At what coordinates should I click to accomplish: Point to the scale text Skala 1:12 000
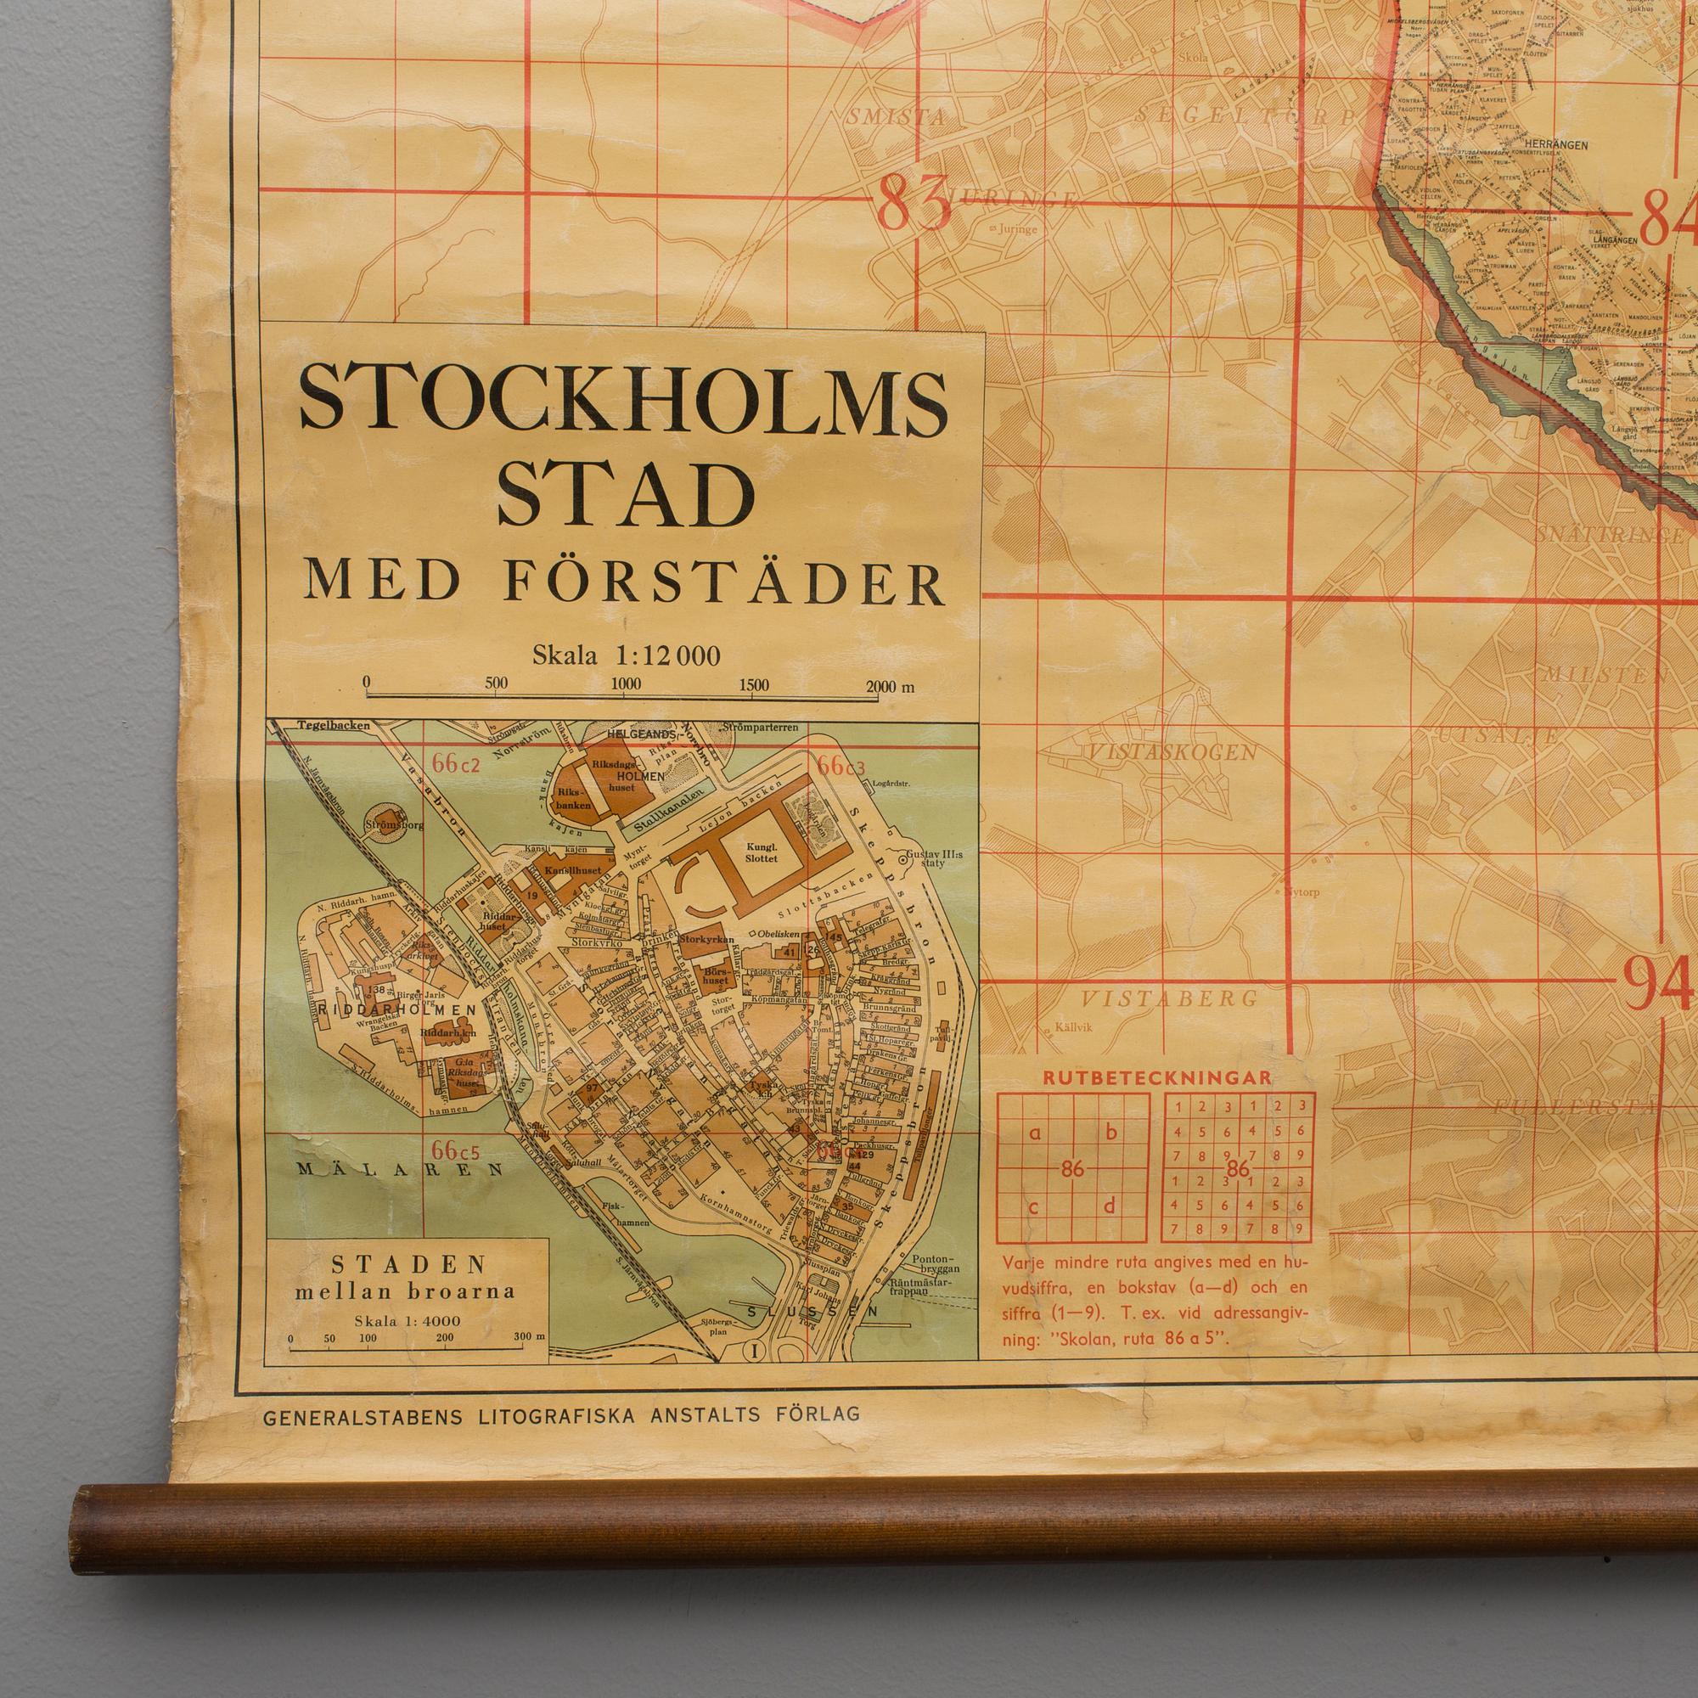[626, 655]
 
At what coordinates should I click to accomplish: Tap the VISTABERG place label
[1169, 999]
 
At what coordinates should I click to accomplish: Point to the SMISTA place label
[897, 116]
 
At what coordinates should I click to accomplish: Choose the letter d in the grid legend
[1109, 1206]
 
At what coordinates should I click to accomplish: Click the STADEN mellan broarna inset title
[408, 1278]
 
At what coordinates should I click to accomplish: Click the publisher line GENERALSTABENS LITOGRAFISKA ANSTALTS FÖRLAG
[560, 1415]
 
